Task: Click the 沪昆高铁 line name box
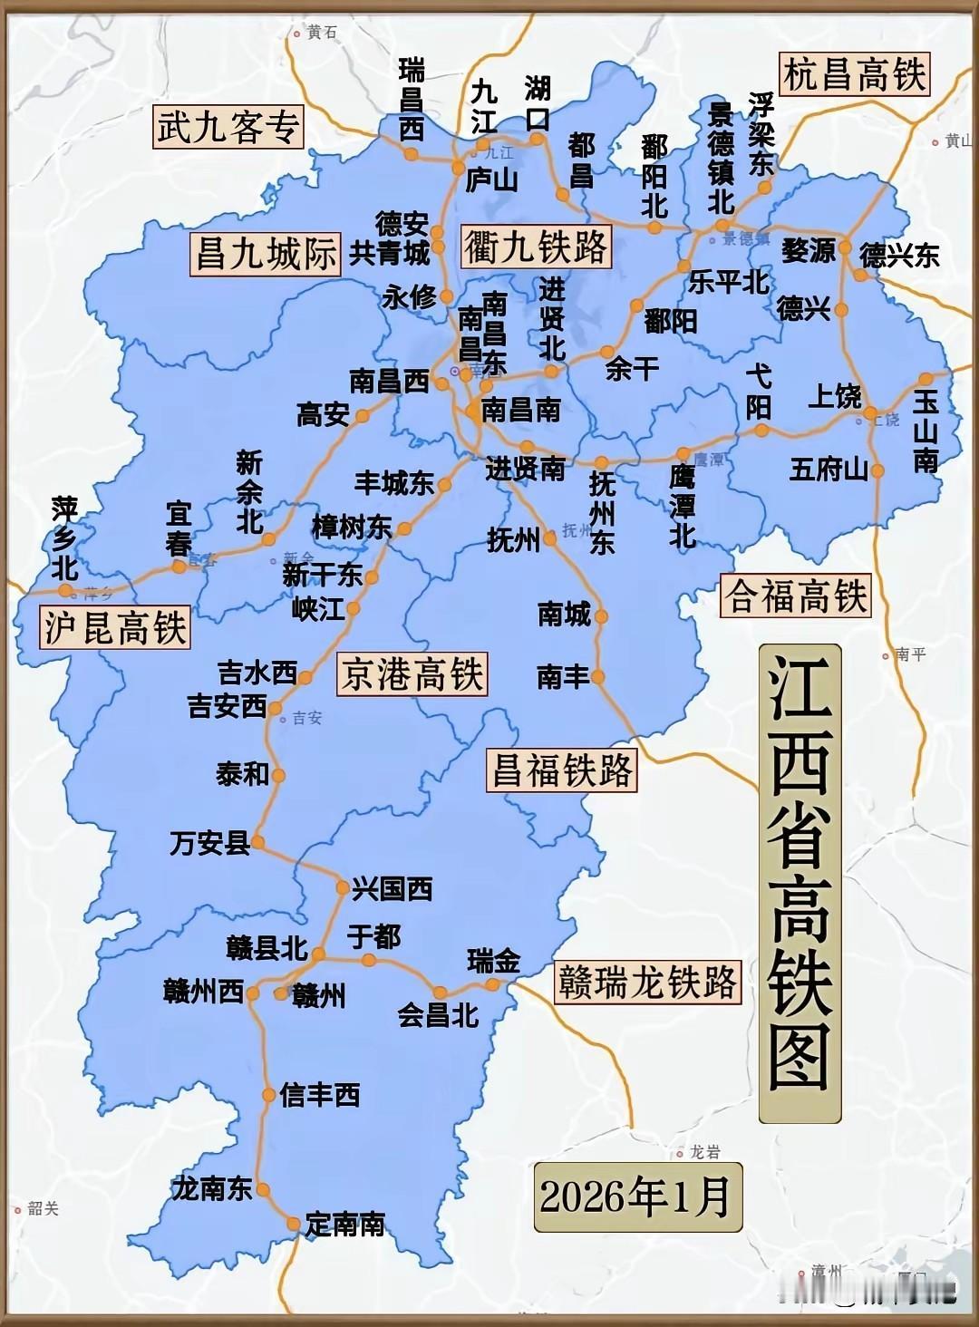(x=116, y=627)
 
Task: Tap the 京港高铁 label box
(x=412, y=674)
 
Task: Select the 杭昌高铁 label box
(x=854, y=74)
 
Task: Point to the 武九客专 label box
(x=227, y=127)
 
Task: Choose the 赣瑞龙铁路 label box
(x=647, y=983)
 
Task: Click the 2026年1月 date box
(x=637, y=1196)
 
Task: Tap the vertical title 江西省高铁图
(x=800, y=883)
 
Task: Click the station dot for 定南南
(x=294, y=1225)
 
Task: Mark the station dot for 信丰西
(x=269, y=1095)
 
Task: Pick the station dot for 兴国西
(x=343, y=887)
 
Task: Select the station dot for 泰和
(x=278, y=775)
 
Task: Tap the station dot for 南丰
(x=597, y=676)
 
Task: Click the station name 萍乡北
(x=64, y=538)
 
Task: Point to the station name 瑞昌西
(x=412, y=100)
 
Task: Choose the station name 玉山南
(x=926, y=431)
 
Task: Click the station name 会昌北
(x=438, y=1015)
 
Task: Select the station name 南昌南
(x=520, y=410)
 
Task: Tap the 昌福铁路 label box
(x=561, y=771)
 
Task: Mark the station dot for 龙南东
(x=263, y=1189)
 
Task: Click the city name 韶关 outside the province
(x=43, y=1208)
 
